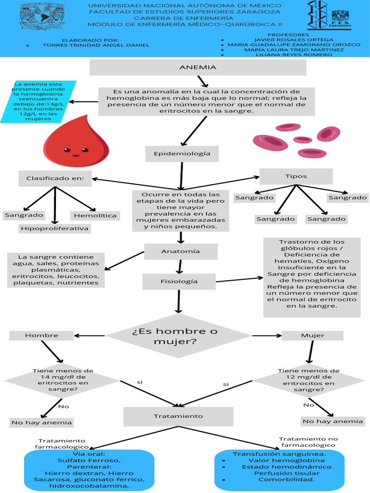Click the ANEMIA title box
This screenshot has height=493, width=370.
coord(198,68)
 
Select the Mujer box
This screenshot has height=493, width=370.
coord(312,335)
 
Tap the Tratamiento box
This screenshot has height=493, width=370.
coord(178,416)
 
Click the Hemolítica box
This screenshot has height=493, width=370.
coord(95,215)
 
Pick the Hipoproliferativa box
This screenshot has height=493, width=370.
coord(54,228)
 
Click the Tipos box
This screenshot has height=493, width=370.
coord(296,176)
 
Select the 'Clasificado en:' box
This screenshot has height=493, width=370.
coord(55,178)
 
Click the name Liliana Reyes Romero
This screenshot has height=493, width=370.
coord(294,54)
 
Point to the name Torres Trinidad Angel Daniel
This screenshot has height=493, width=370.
coord(96,45)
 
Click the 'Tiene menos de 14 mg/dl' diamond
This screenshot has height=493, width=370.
coord(63,380)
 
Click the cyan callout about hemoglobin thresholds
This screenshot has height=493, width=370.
coord(38,102)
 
